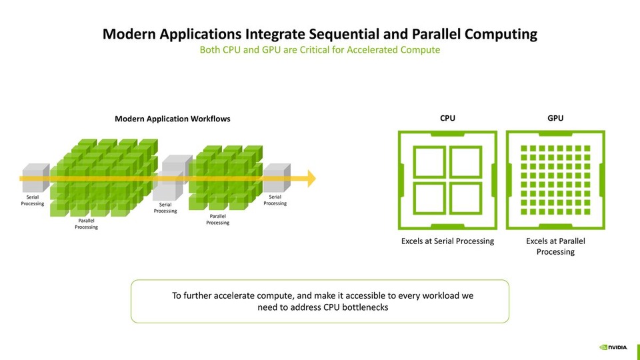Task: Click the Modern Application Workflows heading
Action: point(173,119)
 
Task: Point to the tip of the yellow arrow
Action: point(315,179)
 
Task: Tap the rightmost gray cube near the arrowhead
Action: point(275,179)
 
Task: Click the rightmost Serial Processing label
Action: point(275,200)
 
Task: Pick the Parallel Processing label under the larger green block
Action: point(86,224)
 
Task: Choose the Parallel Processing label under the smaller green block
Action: point(217,219)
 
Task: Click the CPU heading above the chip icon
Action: point(448,118)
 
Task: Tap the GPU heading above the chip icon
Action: point(555,118)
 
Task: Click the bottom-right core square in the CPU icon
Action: point(466,199)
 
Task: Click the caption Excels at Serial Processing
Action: point(447,241)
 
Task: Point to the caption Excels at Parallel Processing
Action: point(555,246)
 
